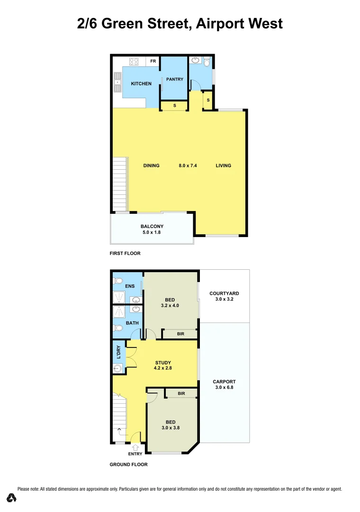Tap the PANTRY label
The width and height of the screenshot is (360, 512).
tap(174, 79)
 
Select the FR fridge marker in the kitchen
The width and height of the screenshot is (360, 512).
tap(153, 61)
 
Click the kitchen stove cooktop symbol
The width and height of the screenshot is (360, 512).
tap(134, 61)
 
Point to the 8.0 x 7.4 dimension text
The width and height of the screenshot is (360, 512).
tap(188, 165)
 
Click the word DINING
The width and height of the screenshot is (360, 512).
tap(152, 165)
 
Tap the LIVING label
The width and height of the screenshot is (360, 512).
tap(223, 165)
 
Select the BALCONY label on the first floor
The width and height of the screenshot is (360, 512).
tap(152, 227)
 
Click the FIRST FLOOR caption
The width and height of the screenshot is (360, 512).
tap(125, 253)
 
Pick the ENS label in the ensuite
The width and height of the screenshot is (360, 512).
tap(130, 286)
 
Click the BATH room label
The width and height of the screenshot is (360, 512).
tap(132, 323)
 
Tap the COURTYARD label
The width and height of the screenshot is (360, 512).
tap(225, 293)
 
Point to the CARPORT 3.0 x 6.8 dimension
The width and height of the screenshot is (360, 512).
tap(225, 387)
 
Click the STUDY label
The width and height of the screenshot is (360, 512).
tap(163, 363)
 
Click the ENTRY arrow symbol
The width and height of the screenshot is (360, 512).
tap(135, 447)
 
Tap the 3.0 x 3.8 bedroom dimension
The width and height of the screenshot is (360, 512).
tap(170, 428)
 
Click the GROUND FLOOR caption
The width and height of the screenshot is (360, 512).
tap(128, 465)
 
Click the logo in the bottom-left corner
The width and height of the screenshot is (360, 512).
tap(12, 497)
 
